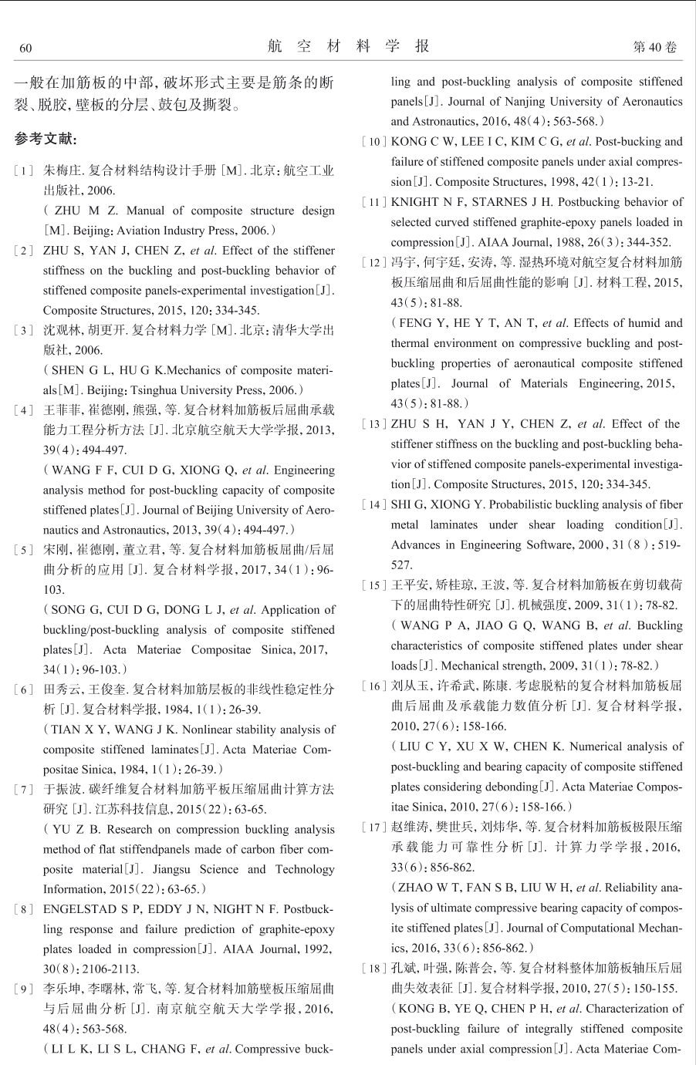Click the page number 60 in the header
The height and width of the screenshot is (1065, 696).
click(25, 49)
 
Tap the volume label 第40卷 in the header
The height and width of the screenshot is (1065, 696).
click(654, 48)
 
